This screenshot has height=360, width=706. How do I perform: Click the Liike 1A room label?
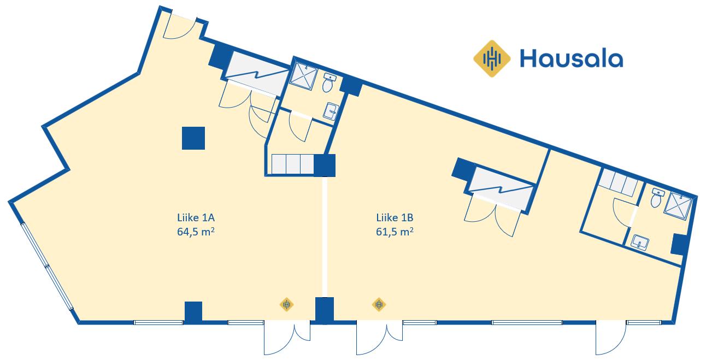pyautogui.click(x=196, y=217)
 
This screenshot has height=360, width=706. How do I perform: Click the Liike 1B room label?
pyautogui.click(x=395, y=217)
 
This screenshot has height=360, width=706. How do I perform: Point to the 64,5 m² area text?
pyautogui.click(x=196, y=232)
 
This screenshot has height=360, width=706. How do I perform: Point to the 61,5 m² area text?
pyautogui.click(x=395, y=232)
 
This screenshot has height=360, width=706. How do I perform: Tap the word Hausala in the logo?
pyautogui.click(x=571, y=58)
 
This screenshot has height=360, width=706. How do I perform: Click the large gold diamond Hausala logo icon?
pyautogui.click(x=492, y=58)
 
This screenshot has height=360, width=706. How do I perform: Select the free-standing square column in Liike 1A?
pyautogui.click(x=193, y=138)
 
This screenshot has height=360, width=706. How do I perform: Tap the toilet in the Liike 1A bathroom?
pyautogui.click(x=328, y=83)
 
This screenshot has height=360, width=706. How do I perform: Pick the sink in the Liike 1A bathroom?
pyautogui.click(x=331, y=111)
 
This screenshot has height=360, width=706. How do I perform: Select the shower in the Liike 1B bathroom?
pyautogui.click(x=678, y=205)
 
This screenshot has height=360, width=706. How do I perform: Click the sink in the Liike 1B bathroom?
pyautogui.click(x=639, y=243)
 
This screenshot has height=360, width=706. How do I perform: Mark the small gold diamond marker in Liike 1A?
pyautogui.click(x=286, y=305)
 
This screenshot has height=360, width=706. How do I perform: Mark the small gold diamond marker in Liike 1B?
pyautogui.click(x=379, y=305)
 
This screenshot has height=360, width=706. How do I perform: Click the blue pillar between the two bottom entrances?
pyautogui.click(x=325, y=310)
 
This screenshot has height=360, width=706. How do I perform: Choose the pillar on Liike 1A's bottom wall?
pyautogui.click(x=193, y=312)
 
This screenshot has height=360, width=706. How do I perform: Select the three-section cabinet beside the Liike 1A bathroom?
pyautogui.click(x=292, y=164)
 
